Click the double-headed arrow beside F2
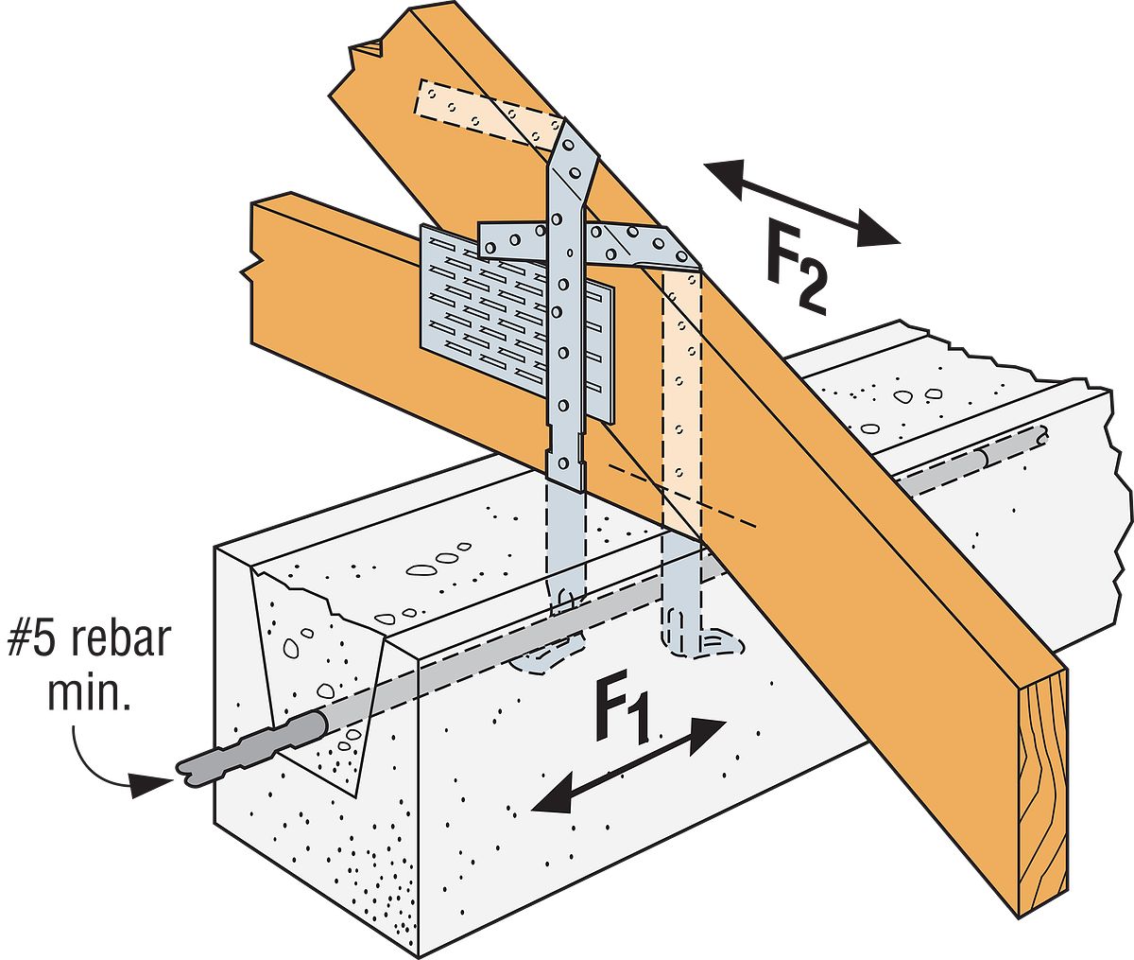coord(801,203)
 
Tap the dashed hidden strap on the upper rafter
coord(482,109)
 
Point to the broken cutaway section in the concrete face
coord(312,662)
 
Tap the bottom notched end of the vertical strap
coord(565,468)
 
